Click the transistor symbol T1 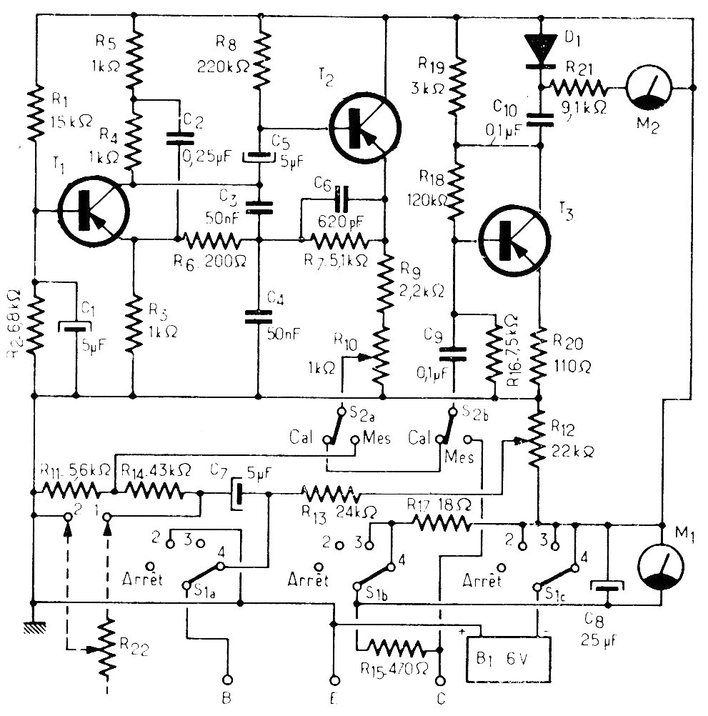[x=93, y=210]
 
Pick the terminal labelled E [x=333, y=680]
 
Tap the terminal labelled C [x=441, y=680]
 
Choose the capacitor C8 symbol [x=607, y=587]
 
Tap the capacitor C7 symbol [x=237, y=494]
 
